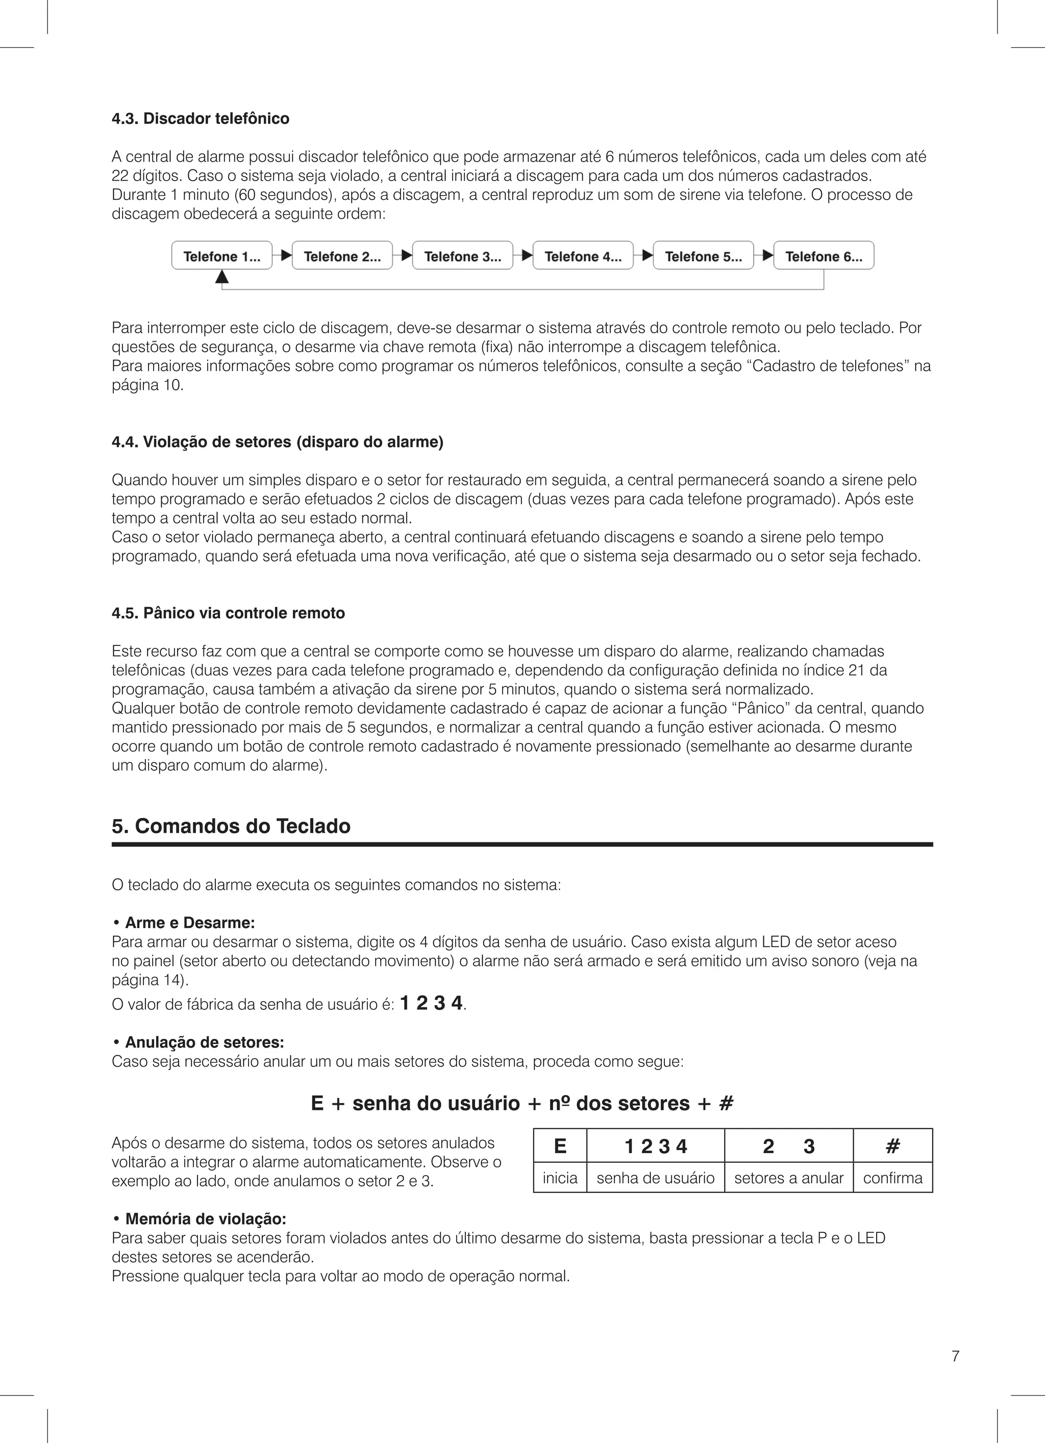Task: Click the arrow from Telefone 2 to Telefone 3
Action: click(402, 256)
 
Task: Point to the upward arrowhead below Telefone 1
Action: click(221, 276)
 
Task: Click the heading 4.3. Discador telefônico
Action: click(201, 119)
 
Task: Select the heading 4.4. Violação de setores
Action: click(278, 442)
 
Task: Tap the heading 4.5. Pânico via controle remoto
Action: click(228, 613)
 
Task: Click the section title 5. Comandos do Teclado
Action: click(231, 827)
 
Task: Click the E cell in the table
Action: click(560, 1146)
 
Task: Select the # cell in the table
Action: click(892, 1146)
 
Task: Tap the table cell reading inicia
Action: click(560, 1178)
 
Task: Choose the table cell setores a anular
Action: click(788, 1178)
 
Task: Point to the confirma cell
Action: click(892, 1178)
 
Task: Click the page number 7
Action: click(955, 1356)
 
